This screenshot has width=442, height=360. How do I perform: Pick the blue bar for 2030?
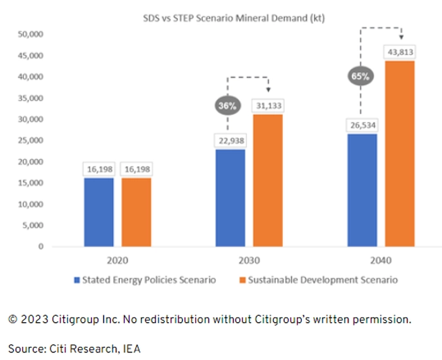pyautogui.click(x=231, y=197)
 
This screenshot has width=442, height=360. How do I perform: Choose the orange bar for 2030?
pyautogui.click(x=268, y=180)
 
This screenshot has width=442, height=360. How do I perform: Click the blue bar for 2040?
pyautogui.click(x=362, y=189)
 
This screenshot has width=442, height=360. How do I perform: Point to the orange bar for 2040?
pyautogui.click(x=400, y=153)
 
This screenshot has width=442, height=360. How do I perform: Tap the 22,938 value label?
pyautogui.click(x=231, y=139)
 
